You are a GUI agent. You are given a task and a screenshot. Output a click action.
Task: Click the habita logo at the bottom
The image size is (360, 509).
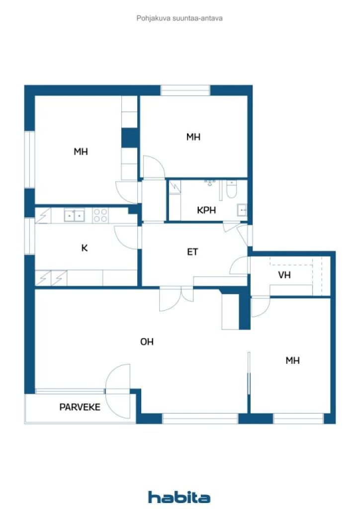pos(179,497)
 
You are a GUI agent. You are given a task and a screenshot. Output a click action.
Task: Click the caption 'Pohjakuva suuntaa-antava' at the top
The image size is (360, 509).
pos(180,18)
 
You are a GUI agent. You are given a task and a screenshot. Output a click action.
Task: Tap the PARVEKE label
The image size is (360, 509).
pos(80,407)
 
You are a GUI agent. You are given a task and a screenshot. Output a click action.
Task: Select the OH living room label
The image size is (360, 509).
pos(147,342)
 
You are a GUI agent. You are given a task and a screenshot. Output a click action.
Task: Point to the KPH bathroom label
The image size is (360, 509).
pos(206,210)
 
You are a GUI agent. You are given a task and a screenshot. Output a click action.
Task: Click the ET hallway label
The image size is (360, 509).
pos(192,252)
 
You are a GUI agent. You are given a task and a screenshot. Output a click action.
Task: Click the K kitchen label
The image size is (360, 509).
pos(85,248)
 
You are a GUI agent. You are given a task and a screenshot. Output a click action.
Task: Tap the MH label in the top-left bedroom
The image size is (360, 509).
pos(81,152)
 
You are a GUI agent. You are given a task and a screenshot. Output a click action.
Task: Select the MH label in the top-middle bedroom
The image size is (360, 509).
pos(193,137)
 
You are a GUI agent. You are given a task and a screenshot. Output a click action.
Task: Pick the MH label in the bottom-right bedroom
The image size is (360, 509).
pos(292,361)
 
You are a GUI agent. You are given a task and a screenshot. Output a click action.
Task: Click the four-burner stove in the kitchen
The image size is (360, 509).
pos(100,215)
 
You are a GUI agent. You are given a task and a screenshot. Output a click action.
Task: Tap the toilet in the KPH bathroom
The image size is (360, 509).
pos(232,189)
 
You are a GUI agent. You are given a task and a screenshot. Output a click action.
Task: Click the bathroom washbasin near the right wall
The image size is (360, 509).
pos(242,211)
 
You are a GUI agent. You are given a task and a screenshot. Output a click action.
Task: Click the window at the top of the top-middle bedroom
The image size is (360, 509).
pos(185,90)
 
